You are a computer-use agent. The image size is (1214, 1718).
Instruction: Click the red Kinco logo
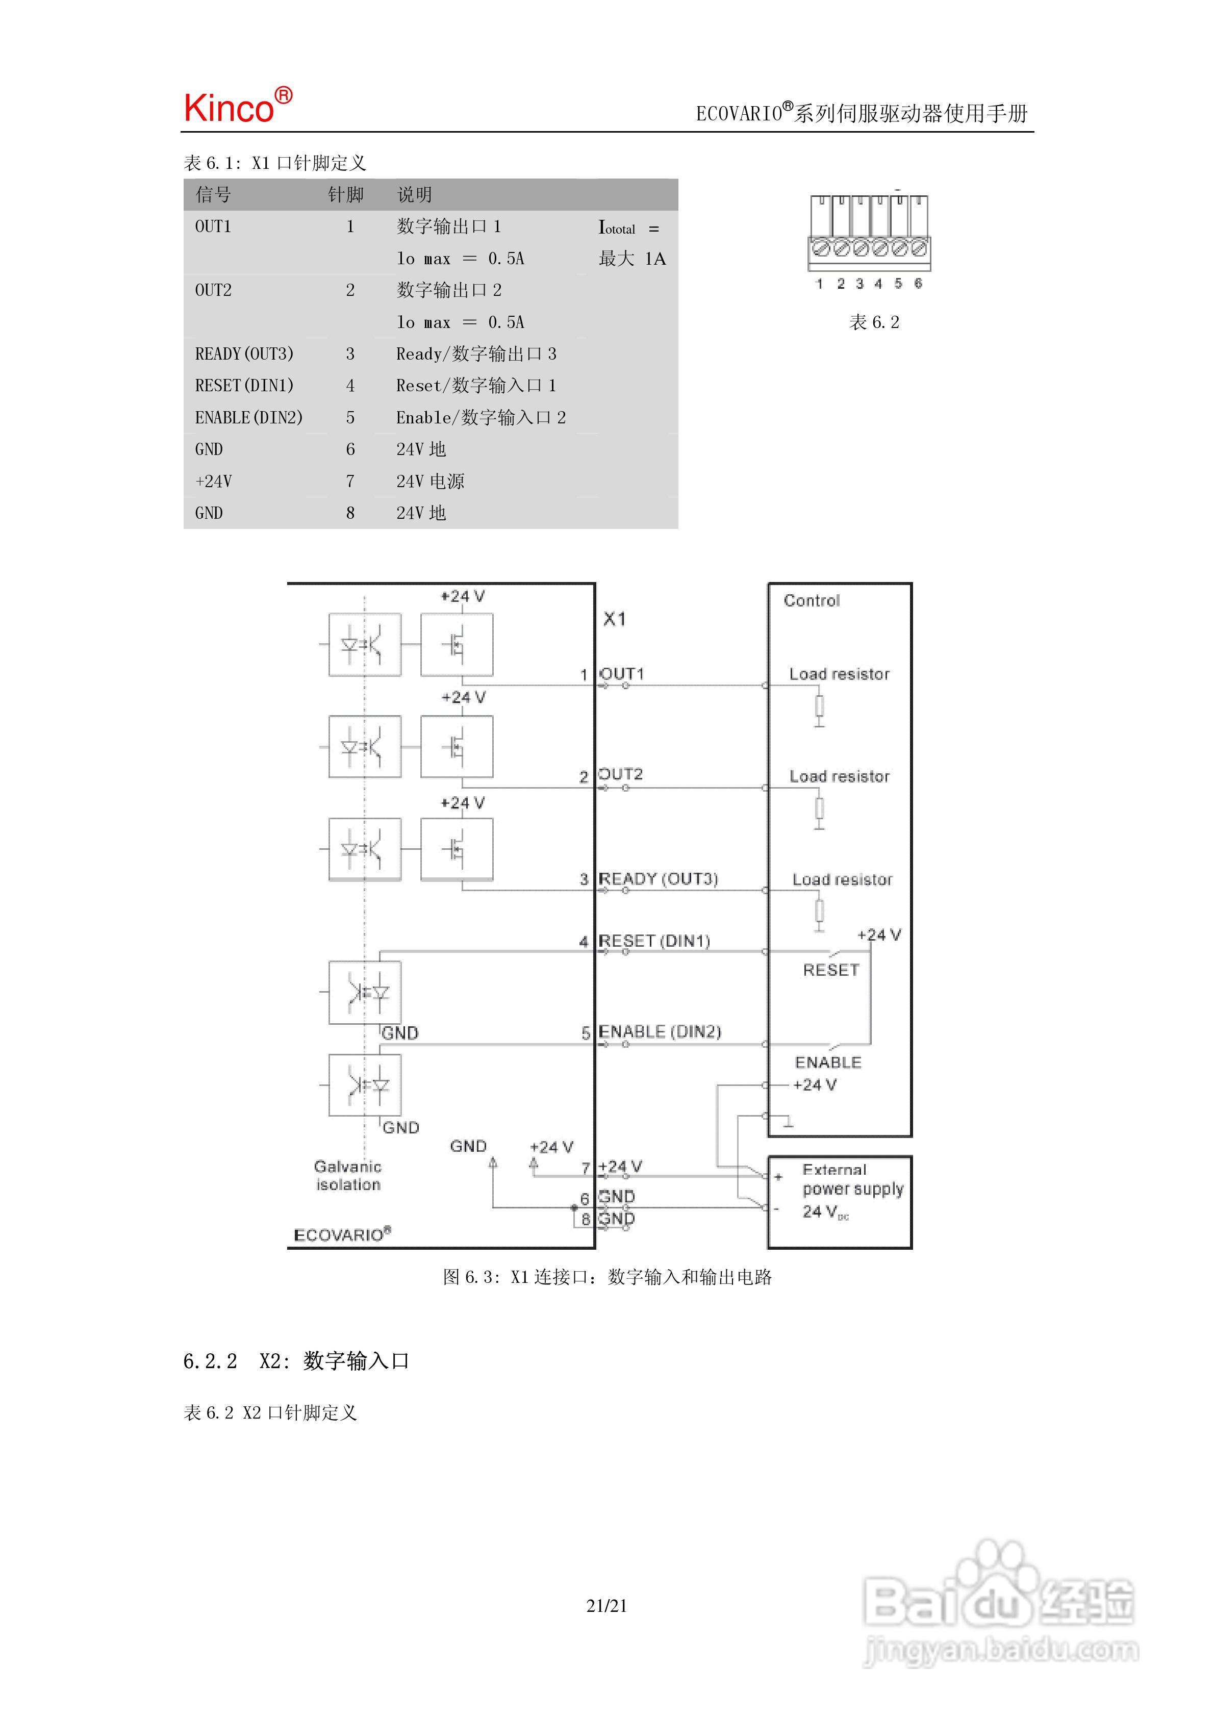238,106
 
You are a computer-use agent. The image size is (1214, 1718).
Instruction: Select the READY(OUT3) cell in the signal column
244,354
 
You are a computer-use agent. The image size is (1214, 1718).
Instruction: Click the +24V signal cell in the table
213,481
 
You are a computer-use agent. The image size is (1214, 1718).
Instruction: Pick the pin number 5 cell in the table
349,418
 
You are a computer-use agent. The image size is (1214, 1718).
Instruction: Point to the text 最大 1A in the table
631,259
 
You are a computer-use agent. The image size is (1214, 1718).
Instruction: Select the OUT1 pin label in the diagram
621,673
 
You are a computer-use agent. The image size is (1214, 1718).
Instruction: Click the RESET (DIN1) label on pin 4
654,941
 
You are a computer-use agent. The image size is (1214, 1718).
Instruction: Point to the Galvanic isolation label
348,1175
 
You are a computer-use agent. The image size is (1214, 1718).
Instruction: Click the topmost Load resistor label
839,674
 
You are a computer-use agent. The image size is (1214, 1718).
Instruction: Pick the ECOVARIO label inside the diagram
342,1234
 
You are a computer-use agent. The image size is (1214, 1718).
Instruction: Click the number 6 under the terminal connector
918,284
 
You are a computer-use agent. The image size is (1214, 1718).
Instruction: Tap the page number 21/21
607,1606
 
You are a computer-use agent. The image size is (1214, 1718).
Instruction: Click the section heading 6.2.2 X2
296,1361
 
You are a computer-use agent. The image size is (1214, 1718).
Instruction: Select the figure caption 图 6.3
607,1277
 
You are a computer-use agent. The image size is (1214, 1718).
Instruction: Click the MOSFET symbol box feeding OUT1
457,645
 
